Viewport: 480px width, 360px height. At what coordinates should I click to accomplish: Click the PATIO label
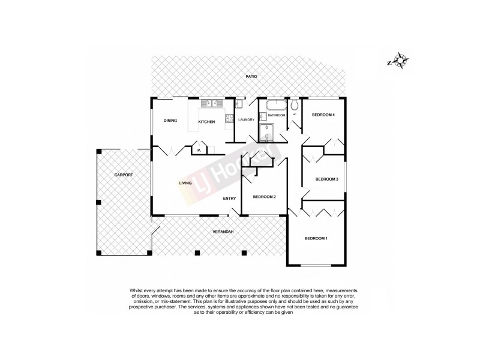click(x=251, y=77)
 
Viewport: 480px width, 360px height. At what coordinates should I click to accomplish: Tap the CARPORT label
click(x=124, y=175)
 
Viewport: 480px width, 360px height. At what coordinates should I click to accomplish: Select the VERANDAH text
click(x=222, y=232)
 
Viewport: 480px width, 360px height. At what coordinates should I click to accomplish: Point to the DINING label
click(x=170, y=121)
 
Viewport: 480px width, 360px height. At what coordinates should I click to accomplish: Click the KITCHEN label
click(x=207, y=122)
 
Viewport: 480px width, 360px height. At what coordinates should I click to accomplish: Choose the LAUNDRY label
click(x=246, y=120)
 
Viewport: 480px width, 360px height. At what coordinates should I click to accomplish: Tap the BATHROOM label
click(x=276, y=115)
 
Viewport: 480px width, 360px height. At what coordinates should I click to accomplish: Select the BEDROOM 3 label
click(x=327, y=179)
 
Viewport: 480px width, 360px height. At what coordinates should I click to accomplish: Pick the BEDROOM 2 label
click(x=264, y=197)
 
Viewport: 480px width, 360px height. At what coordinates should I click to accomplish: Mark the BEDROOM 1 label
click(x=316, y=239)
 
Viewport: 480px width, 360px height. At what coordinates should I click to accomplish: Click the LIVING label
click(x=185, y=183)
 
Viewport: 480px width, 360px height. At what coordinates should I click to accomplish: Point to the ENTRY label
click(x=229, y=198)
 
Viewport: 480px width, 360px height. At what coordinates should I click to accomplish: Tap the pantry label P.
click(x=198, y=150)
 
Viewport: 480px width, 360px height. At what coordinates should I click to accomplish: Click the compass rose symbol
click(x=398, y=61)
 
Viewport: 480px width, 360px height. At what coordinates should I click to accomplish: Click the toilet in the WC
click(x=295, y=107)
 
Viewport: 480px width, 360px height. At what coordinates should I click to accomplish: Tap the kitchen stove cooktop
click(x=228, y=118)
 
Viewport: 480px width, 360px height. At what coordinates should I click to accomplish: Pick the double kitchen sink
click(x=208, y=104)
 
